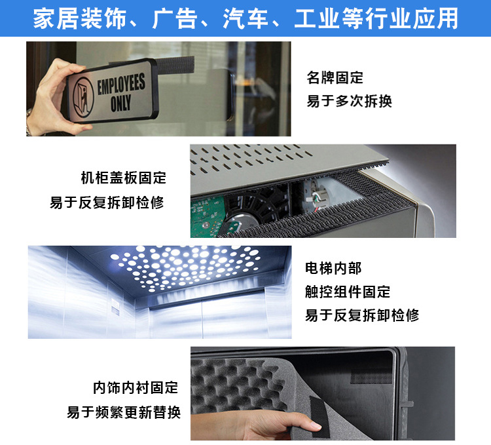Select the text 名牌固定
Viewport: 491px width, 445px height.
(x=335, y=77)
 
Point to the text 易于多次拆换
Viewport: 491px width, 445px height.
(x=349, y=101)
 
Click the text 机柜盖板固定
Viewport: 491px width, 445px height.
(x=123, y=178)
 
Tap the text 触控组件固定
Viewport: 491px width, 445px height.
(x=347, y=291)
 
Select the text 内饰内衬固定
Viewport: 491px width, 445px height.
(x=136, y=387)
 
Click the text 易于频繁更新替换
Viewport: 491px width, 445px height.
(x=124, y=412)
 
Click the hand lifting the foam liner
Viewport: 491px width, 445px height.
(x=288, y=423)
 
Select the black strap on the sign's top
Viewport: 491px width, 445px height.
(x=173, y=66)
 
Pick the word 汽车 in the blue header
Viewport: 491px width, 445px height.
(x=246, y=18)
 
